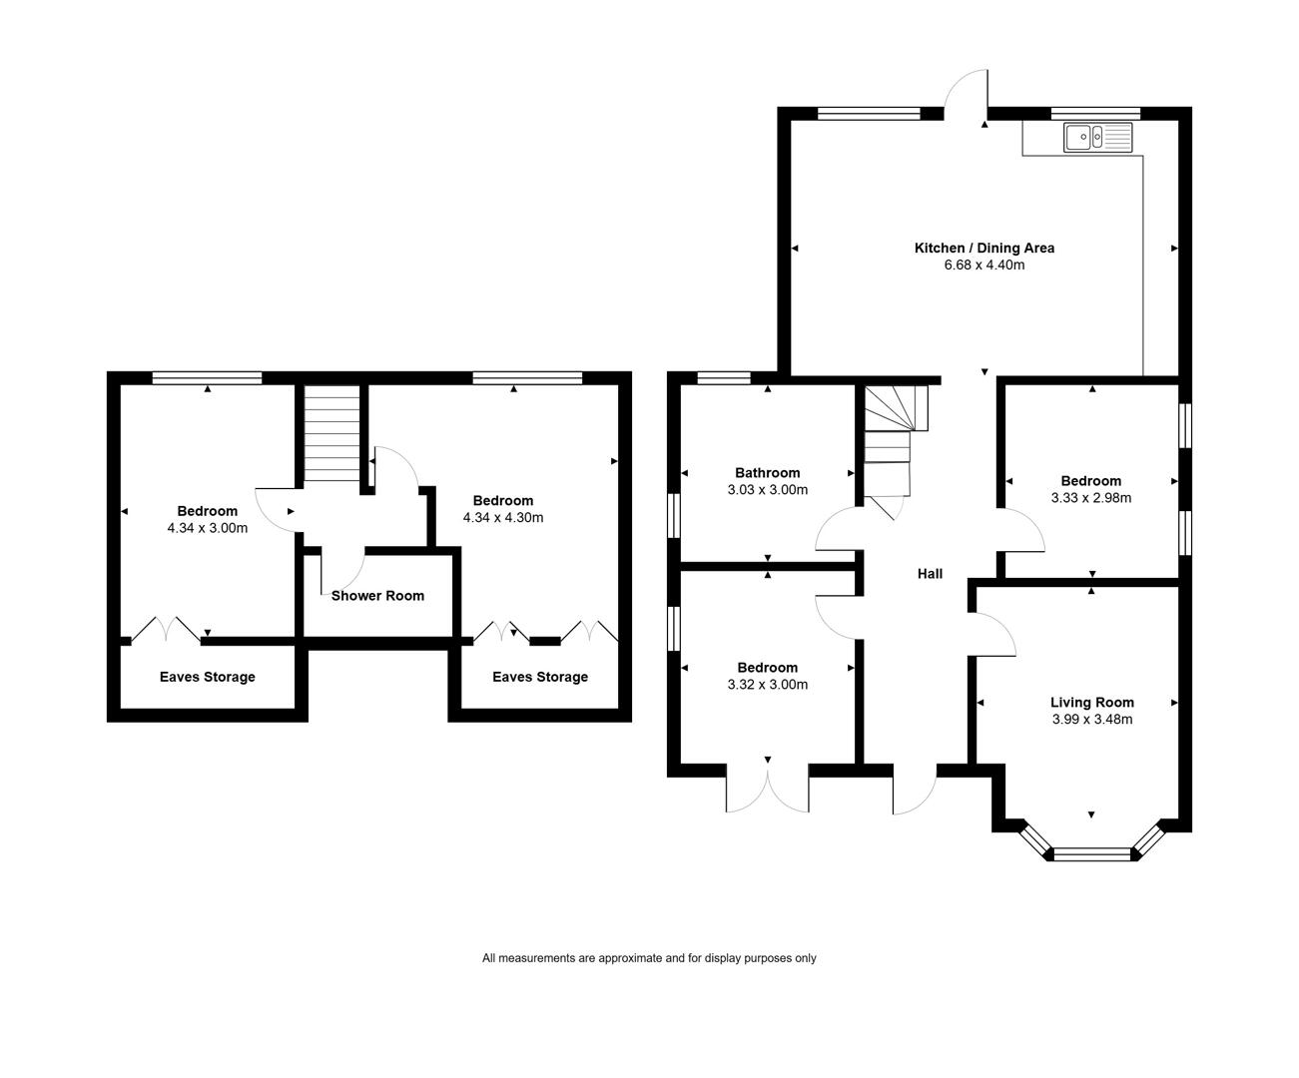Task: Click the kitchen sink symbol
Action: coord(1097,137)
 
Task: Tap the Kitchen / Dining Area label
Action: coord(984,249)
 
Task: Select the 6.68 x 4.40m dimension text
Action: coord(984,265)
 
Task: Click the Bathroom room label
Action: coord(767,473)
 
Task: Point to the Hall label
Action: coord(931,574)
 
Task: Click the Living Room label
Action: coord(1092,703)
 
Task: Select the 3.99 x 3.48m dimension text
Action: coord(1092,719)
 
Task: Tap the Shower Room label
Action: coord(377,596)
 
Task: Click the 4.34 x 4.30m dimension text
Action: coord(502,517)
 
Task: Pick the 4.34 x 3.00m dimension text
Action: coord(207,528)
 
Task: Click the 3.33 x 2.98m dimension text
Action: coord(1091,498)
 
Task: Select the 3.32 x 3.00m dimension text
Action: coord(767,685)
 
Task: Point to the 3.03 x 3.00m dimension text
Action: coord(767,489)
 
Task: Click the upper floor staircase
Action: coord(331,433)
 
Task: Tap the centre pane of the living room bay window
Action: coord(1092,854)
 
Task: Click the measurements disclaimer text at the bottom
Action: coord(649,958)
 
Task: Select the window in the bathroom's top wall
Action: coord(724,377)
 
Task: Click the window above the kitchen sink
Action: coord(1095,113)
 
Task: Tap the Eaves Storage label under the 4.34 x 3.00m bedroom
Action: coord(207,677)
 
